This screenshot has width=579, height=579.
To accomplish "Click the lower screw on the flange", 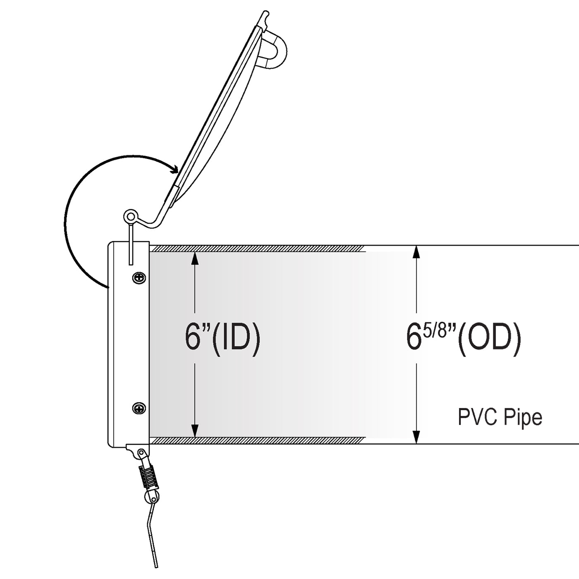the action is [139, 408].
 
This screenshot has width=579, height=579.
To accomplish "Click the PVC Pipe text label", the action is [500, 417].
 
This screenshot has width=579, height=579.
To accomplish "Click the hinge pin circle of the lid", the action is [130, 216].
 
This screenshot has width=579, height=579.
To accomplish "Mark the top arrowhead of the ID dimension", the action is [195, 258].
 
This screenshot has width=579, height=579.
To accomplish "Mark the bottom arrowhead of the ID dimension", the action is [195, 431].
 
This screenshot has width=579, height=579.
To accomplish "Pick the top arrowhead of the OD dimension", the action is [416, 252].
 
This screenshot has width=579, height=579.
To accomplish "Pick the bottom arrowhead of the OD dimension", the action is [416, 437].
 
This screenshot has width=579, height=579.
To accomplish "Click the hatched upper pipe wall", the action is [257, 249].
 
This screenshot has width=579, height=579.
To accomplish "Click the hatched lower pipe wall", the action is [257, 440].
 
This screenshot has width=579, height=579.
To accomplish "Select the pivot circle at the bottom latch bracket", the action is [141, 452].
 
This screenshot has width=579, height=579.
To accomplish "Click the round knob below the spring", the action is [152, 498].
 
